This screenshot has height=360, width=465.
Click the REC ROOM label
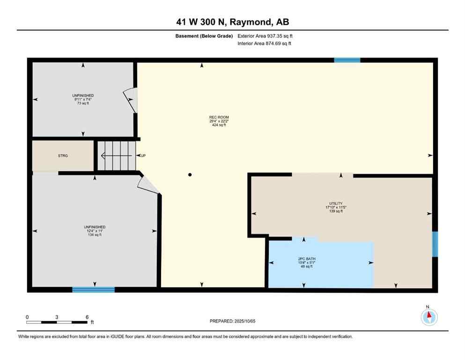click(x=219, y=117)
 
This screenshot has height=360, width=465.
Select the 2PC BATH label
click(x=304, y=258)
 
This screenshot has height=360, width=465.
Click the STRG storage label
click(x=63, y=156)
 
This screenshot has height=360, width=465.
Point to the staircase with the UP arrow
click(x=116, y=156)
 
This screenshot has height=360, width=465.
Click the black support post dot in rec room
click(x=190, y=175)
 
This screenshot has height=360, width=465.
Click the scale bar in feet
click(x=57, y=322)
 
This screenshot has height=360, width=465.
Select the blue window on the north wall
click(x=347, y=60)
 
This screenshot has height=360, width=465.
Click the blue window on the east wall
click(x=435, y=244)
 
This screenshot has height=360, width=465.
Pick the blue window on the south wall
click(x=93, y=290)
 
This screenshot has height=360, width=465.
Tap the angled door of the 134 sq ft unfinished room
click(x=149, y=186)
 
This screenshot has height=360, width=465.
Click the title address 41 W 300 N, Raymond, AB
click(x=233, y=22)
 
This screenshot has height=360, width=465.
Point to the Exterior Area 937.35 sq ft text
click(x=267, y=36)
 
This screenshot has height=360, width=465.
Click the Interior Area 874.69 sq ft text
click(x=265, y=44)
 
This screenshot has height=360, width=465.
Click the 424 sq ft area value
click(x=219, y=126)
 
